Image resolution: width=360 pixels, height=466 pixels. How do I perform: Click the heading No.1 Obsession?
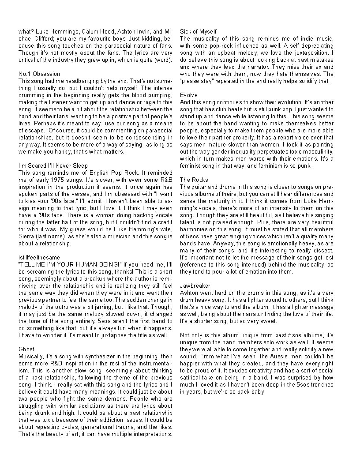(x=39, y=74)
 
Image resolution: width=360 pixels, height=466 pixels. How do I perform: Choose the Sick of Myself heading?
(x=199, y=31)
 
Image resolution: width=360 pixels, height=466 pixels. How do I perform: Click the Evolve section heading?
(x=189, y=95)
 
